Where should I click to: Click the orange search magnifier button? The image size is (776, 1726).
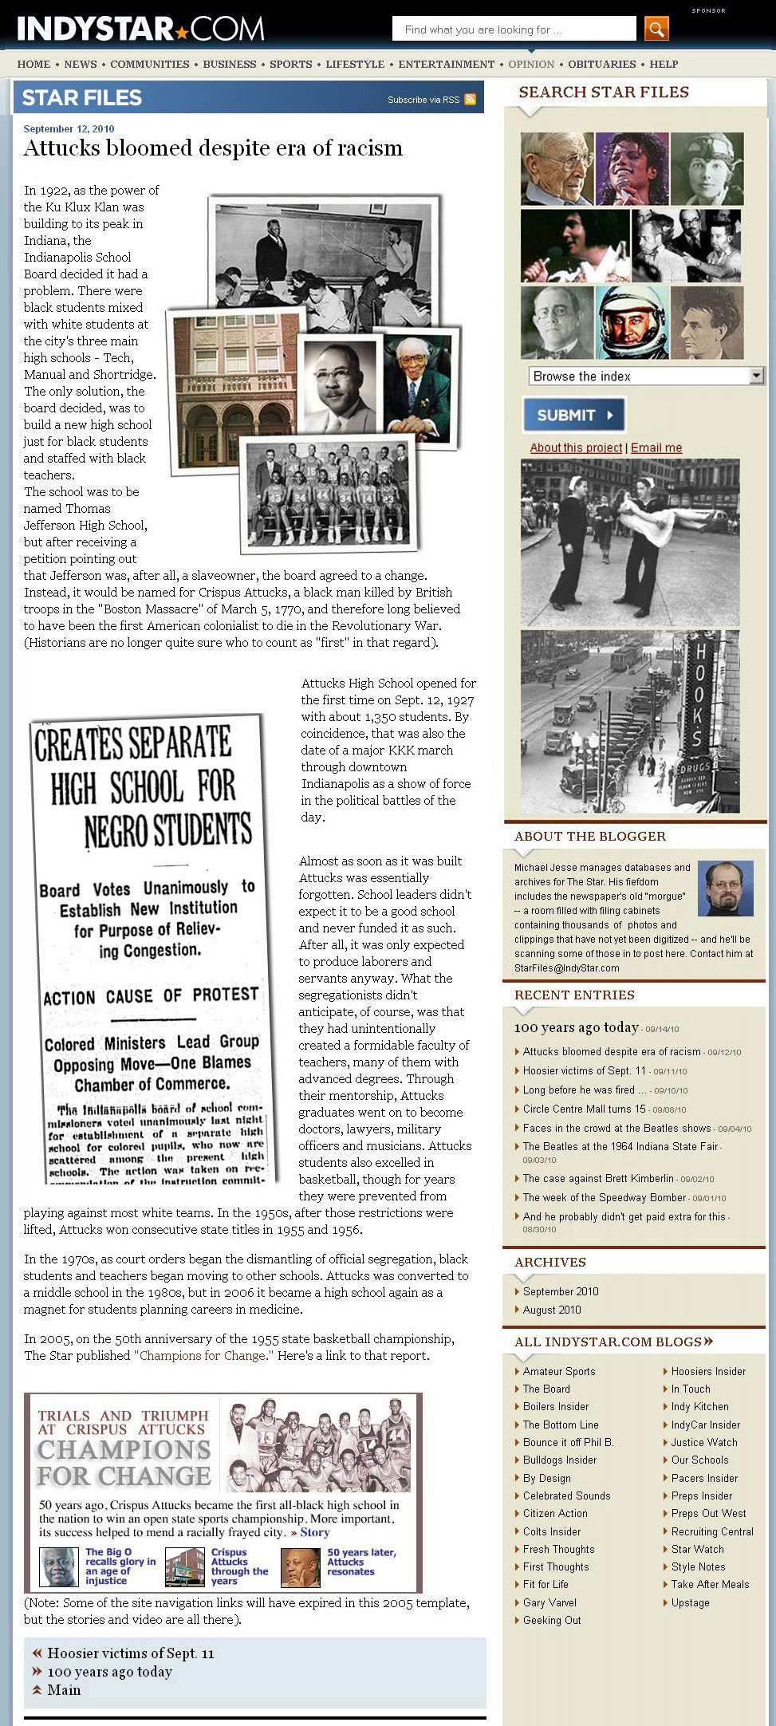[x=656, y=30]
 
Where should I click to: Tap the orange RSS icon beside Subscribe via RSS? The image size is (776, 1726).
[x=470, y=100]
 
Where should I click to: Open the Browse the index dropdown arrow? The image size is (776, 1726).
[x=756, y=375]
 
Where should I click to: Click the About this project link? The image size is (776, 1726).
[x=576, y=447]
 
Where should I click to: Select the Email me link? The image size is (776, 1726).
[x=656, y=447]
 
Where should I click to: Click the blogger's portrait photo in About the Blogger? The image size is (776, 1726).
[x=725, y=888]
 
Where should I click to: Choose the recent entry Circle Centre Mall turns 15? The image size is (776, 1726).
[x=584, y=1109]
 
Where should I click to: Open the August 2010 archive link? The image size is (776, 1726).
[x=552, y=1310]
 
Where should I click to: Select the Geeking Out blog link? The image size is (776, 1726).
[x=552, y=1620]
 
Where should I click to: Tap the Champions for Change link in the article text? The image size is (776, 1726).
[x=203, y=1355]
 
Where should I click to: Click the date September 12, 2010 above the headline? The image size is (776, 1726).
[x=69, y=128]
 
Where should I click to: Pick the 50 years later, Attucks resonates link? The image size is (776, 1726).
[x=360, y=1562]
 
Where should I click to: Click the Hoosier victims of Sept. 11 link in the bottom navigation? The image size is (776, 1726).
[x=130, y=1653]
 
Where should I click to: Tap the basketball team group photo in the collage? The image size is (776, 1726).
[x=329, y=494]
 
